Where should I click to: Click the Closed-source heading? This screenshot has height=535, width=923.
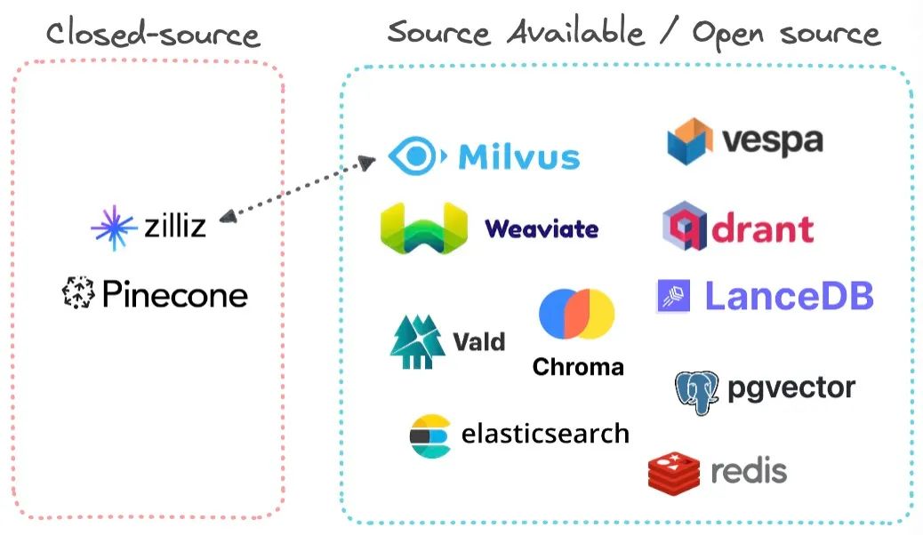152,35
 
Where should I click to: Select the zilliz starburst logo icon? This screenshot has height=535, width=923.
113,226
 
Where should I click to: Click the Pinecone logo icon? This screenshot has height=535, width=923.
78,293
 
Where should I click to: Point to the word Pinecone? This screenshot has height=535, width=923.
175,294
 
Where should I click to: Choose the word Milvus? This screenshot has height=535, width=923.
518,157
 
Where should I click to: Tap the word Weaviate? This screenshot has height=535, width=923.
542,228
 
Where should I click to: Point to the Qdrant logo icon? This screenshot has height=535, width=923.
685,227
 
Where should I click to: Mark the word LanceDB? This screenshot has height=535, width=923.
789,296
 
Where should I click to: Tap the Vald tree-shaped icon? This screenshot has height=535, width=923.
416,341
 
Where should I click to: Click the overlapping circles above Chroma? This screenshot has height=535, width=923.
577,314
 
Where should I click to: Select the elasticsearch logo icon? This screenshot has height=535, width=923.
430,435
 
